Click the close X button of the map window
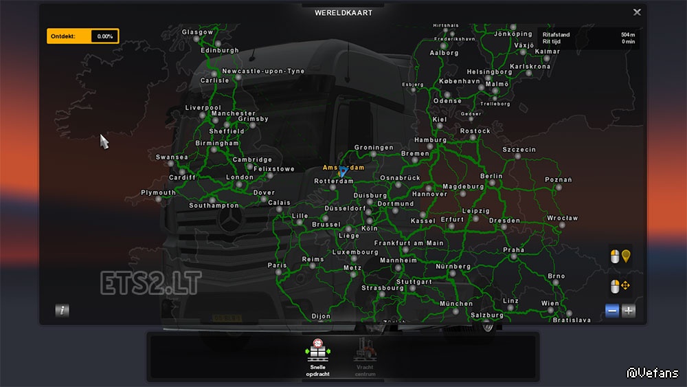pos(637,12)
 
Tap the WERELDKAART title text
pos(343,12)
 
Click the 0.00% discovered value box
pos(104,36)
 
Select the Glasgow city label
pos(197,32)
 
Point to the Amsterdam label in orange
pos(343,167)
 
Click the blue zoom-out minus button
pos(612,311)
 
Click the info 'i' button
pos(63,310)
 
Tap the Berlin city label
pos(491,176)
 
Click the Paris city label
pos(277,265)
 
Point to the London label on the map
pos(240,177)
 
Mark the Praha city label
pos(513,250)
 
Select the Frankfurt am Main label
pos(408,243)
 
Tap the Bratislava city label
pos(572,320)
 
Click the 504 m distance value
pos(627,34)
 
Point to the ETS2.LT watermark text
pos(150,283)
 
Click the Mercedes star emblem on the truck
pos(227,223)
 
